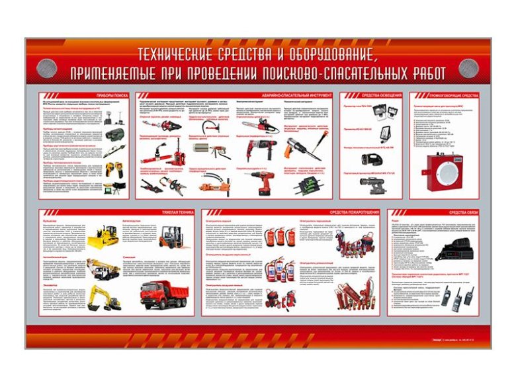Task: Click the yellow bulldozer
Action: (103, 236)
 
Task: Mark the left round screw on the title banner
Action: (44, 65)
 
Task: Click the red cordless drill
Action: (267, 183)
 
